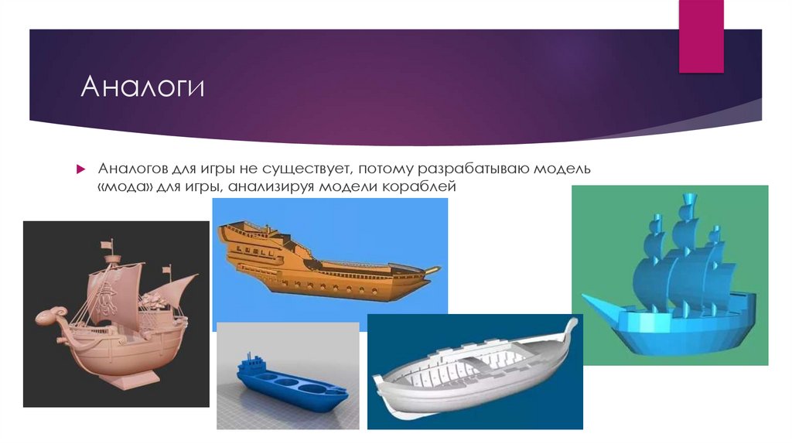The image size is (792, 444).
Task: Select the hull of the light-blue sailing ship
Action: pos(681,329)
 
